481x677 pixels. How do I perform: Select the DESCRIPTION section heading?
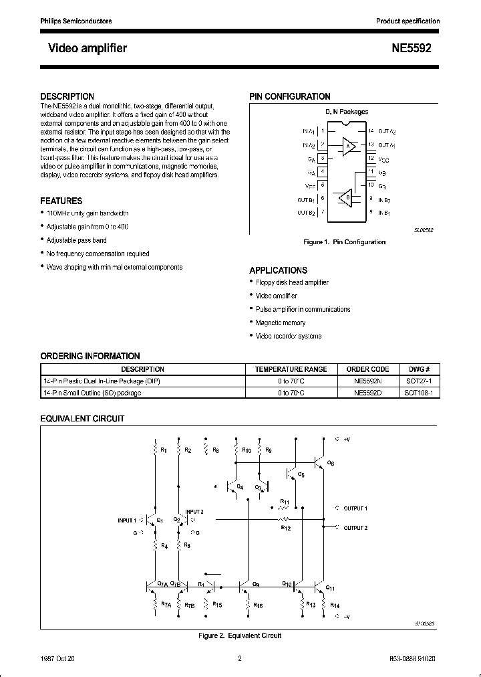point(67,96)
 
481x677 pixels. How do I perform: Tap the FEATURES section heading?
point(61,201)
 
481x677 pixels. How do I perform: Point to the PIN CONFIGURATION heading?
point(290,96)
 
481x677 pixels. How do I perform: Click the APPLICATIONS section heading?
point(279,270)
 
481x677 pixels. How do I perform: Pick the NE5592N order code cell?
point(367,381)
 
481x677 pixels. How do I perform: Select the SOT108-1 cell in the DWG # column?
point(419,393)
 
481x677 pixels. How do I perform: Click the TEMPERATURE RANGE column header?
point(291,369)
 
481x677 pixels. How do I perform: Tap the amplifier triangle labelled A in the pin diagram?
point(348,147)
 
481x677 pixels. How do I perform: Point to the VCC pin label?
point(383,160)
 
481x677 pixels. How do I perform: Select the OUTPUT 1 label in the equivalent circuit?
point(355,508)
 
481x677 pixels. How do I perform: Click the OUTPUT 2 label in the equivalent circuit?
point(355,528)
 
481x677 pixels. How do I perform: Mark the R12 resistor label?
point(286,528)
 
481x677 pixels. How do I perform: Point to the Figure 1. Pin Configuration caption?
point(344,242)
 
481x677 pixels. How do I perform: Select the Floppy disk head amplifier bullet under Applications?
point(292,283)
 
